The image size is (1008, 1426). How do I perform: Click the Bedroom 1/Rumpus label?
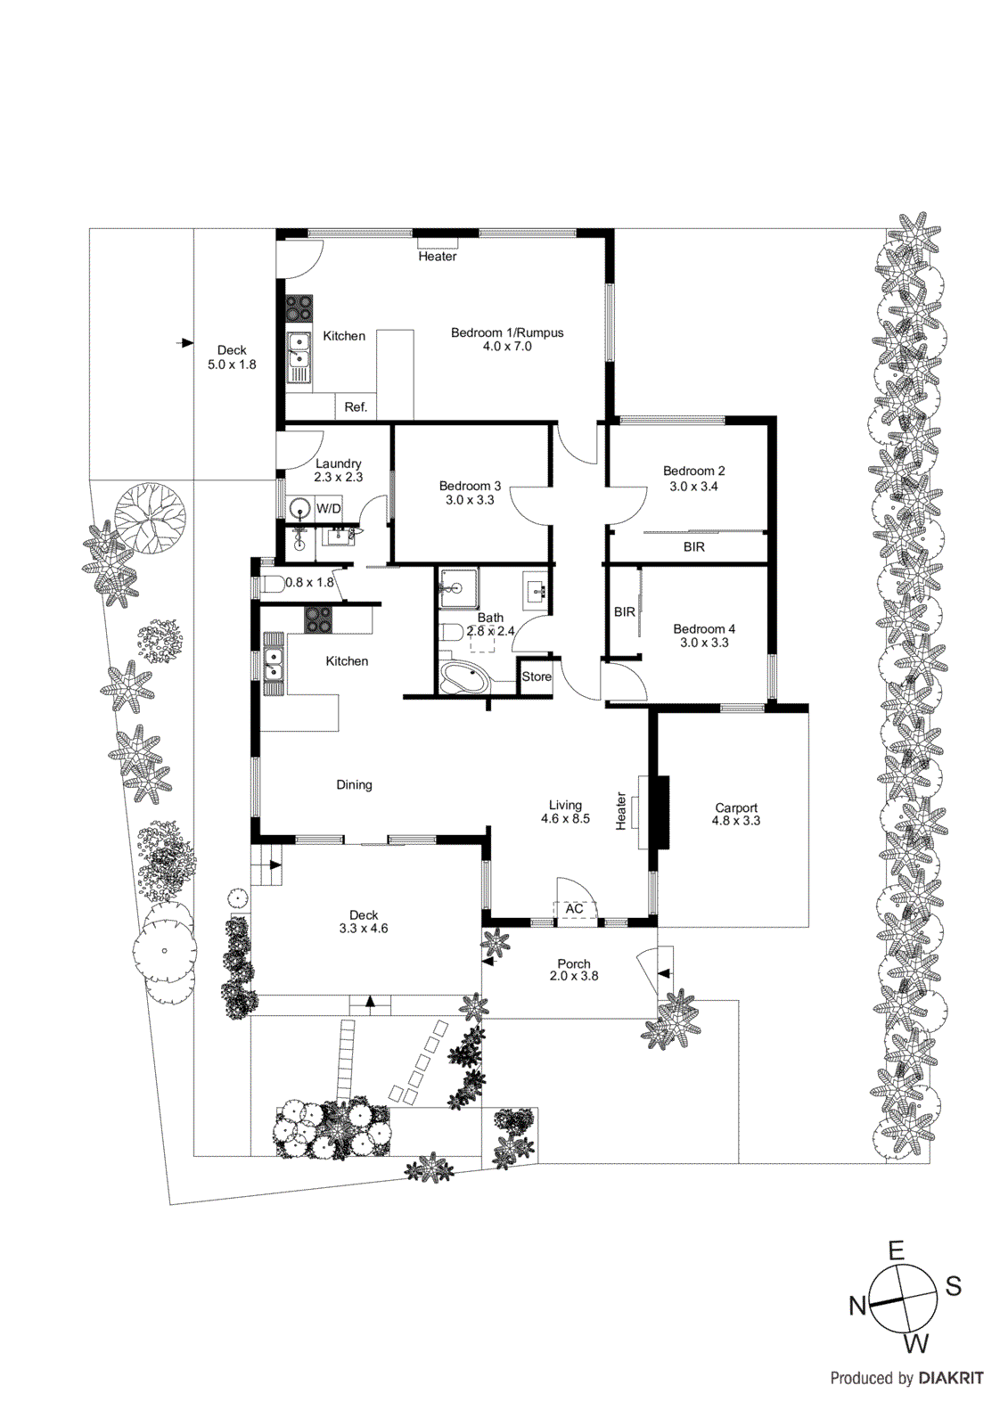[x=507, y=339]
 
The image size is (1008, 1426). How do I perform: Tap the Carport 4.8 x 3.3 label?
[x=736, y=814]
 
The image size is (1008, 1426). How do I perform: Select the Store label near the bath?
[x=537, y=676]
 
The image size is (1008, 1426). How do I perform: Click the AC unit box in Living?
[x=575, y=909]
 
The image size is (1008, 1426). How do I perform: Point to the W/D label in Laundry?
[x=329, y=509]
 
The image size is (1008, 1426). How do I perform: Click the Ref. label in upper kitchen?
[x=356, y=407]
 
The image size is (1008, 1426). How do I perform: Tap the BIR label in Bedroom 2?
[x=693, y=547]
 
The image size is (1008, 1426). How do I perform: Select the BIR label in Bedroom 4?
[x=624, y=612]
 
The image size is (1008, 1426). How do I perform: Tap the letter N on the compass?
[x=857, y=1307]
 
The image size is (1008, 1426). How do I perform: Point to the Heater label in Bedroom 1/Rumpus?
[x=437, y=257]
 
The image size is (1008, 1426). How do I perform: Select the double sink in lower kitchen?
[x=273, y=663]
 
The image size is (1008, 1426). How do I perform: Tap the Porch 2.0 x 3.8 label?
[x=574, y=970]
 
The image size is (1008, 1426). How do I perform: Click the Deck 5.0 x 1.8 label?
[x=232, y=357]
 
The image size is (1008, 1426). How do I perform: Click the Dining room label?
[x=354, y=785]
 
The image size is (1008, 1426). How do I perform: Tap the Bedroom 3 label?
[x=470, y=493]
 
